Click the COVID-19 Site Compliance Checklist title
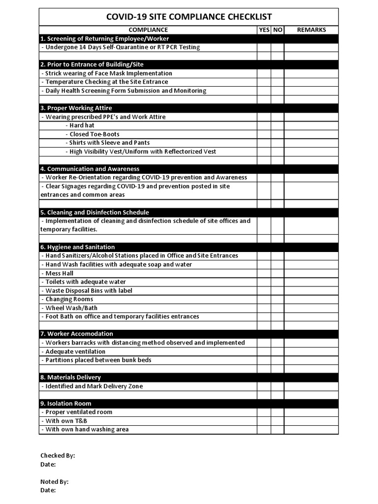point(189,17)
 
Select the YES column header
point(264,30)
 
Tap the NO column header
point(278,30)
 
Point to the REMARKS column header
point(311,30)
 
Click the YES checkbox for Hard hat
point(264,126)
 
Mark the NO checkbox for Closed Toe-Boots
point(278,134)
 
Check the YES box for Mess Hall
point(264,273)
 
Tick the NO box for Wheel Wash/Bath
point(278,308)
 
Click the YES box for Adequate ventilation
point(264,351)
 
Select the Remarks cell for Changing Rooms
point(311,299)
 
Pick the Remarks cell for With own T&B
point(311,421)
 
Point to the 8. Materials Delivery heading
point(70,378)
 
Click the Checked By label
point(58,456)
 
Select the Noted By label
point(54,482)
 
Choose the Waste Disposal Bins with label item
point(87,291)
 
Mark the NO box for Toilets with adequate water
point(278,282)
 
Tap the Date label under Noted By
point(48,490)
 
